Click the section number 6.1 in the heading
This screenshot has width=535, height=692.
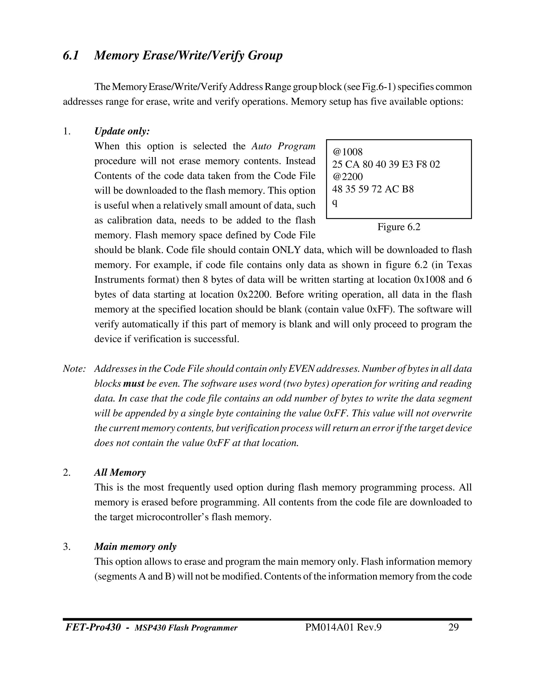[71, 56]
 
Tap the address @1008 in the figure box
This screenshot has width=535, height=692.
[347, 152]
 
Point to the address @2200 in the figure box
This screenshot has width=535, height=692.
[347, 177]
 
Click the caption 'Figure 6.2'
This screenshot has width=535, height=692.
[399, 227]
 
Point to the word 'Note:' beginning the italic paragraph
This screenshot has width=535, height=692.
[74, 369]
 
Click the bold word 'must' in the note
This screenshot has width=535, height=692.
[133, 384]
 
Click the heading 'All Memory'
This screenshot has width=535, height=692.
[120, 472]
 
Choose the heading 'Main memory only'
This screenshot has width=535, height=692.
[135, 547]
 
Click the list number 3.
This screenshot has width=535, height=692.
[66, 547]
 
